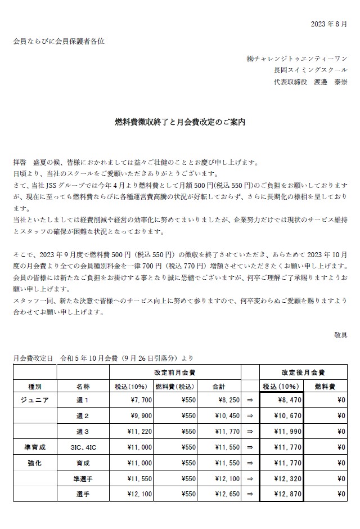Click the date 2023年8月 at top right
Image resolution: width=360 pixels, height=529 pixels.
coord(329,24)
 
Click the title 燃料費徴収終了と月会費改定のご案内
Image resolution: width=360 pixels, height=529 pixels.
coord(180,121)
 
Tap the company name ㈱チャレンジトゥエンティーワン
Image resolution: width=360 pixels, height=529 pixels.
coord(296,58)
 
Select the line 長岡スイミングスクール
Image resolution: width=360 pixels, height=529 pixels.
coord(310,70)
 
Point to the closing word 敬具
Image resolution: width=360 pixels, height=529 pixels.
coord(340,335)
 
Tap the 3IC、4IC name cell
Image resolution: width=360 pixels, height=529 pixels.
coord(82,447)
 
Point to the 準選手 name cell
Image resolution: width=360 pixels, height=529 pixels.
coord(82,478)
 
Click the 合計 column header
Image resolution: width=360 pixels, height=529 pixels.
coord(219,387)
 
